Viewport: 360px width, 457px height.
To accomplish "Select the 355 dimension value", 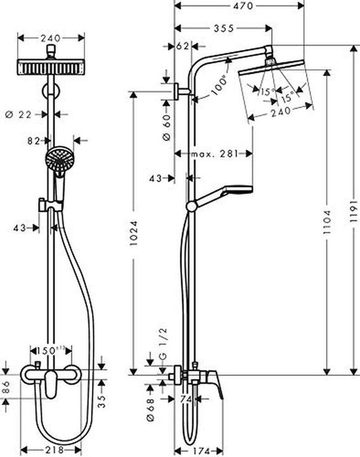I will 222,28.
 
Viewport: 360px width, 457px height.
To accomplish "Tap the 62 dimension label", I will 183,46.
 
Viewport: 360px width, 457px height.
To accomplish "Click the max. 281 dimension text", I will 214,154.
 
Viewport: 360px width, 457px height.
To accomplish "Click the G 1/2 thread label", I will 164,348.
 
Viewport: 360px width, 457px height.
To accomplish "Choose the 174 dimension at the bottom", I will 202,450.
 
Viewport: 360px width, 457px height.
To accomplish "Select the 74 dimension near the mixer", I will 186,399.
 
